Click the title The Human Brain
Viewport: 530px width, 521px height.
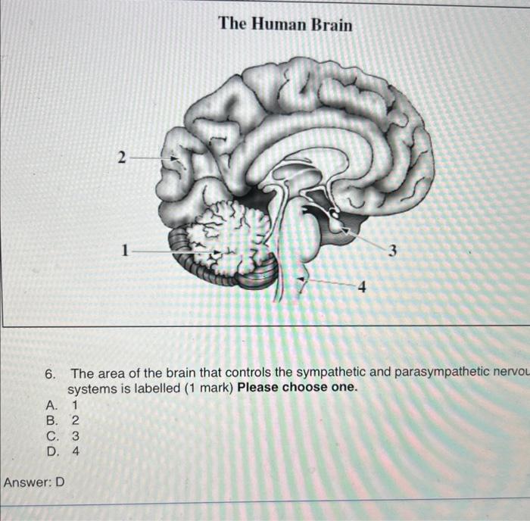285,24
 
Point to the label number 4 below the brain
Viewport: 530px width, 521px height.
361,288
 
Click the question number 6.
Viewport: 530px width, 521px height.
50,373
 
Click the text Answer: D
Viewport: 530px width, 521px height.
34,482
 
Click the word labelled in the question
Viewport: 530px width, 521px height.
151,388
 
